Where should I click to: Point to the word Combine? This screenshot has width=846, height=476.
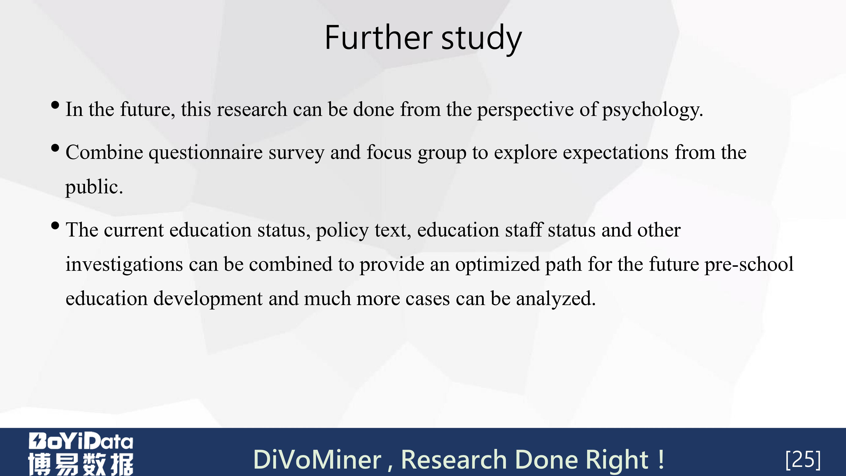point(104,152)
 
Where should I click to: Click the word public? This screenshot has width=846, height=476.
point(94,187)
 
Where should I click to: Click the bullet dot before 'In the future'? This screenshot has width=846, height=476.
point(55,105)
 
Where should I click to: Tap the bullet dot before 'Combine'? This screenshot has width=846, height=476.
point(55,148)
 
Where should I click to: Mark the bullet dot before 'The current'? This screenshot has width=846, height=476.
point(55,226)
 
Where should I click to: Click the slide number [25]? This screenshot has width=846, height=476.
point(803,459)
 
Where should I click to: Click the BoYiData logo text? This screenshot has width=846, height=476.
point(81,441)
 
